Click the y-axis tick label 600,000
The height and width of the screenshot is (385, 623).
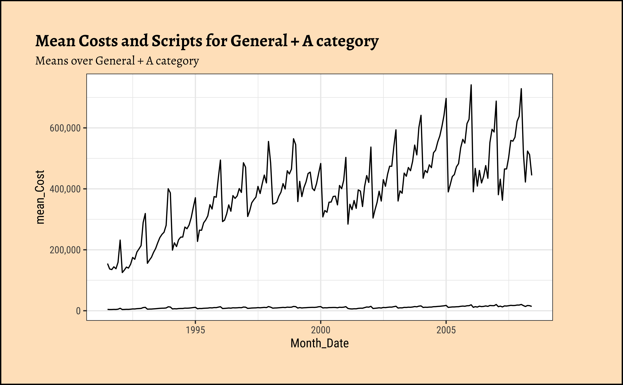click(x=65, y=128)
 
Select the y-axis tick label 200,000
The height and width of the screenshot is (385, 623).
click(x=65, y=250)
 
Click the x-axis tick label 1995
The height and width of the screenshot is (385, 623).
click(x=195, y=330)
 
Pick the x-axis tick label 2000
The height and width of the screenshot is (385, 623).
click(x=321, y=330)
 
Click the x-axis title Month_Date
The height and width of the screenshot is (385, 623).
click(x=320, y=343)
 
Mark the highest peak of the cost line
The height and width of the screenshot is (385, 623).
click(x=471, y=85)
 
